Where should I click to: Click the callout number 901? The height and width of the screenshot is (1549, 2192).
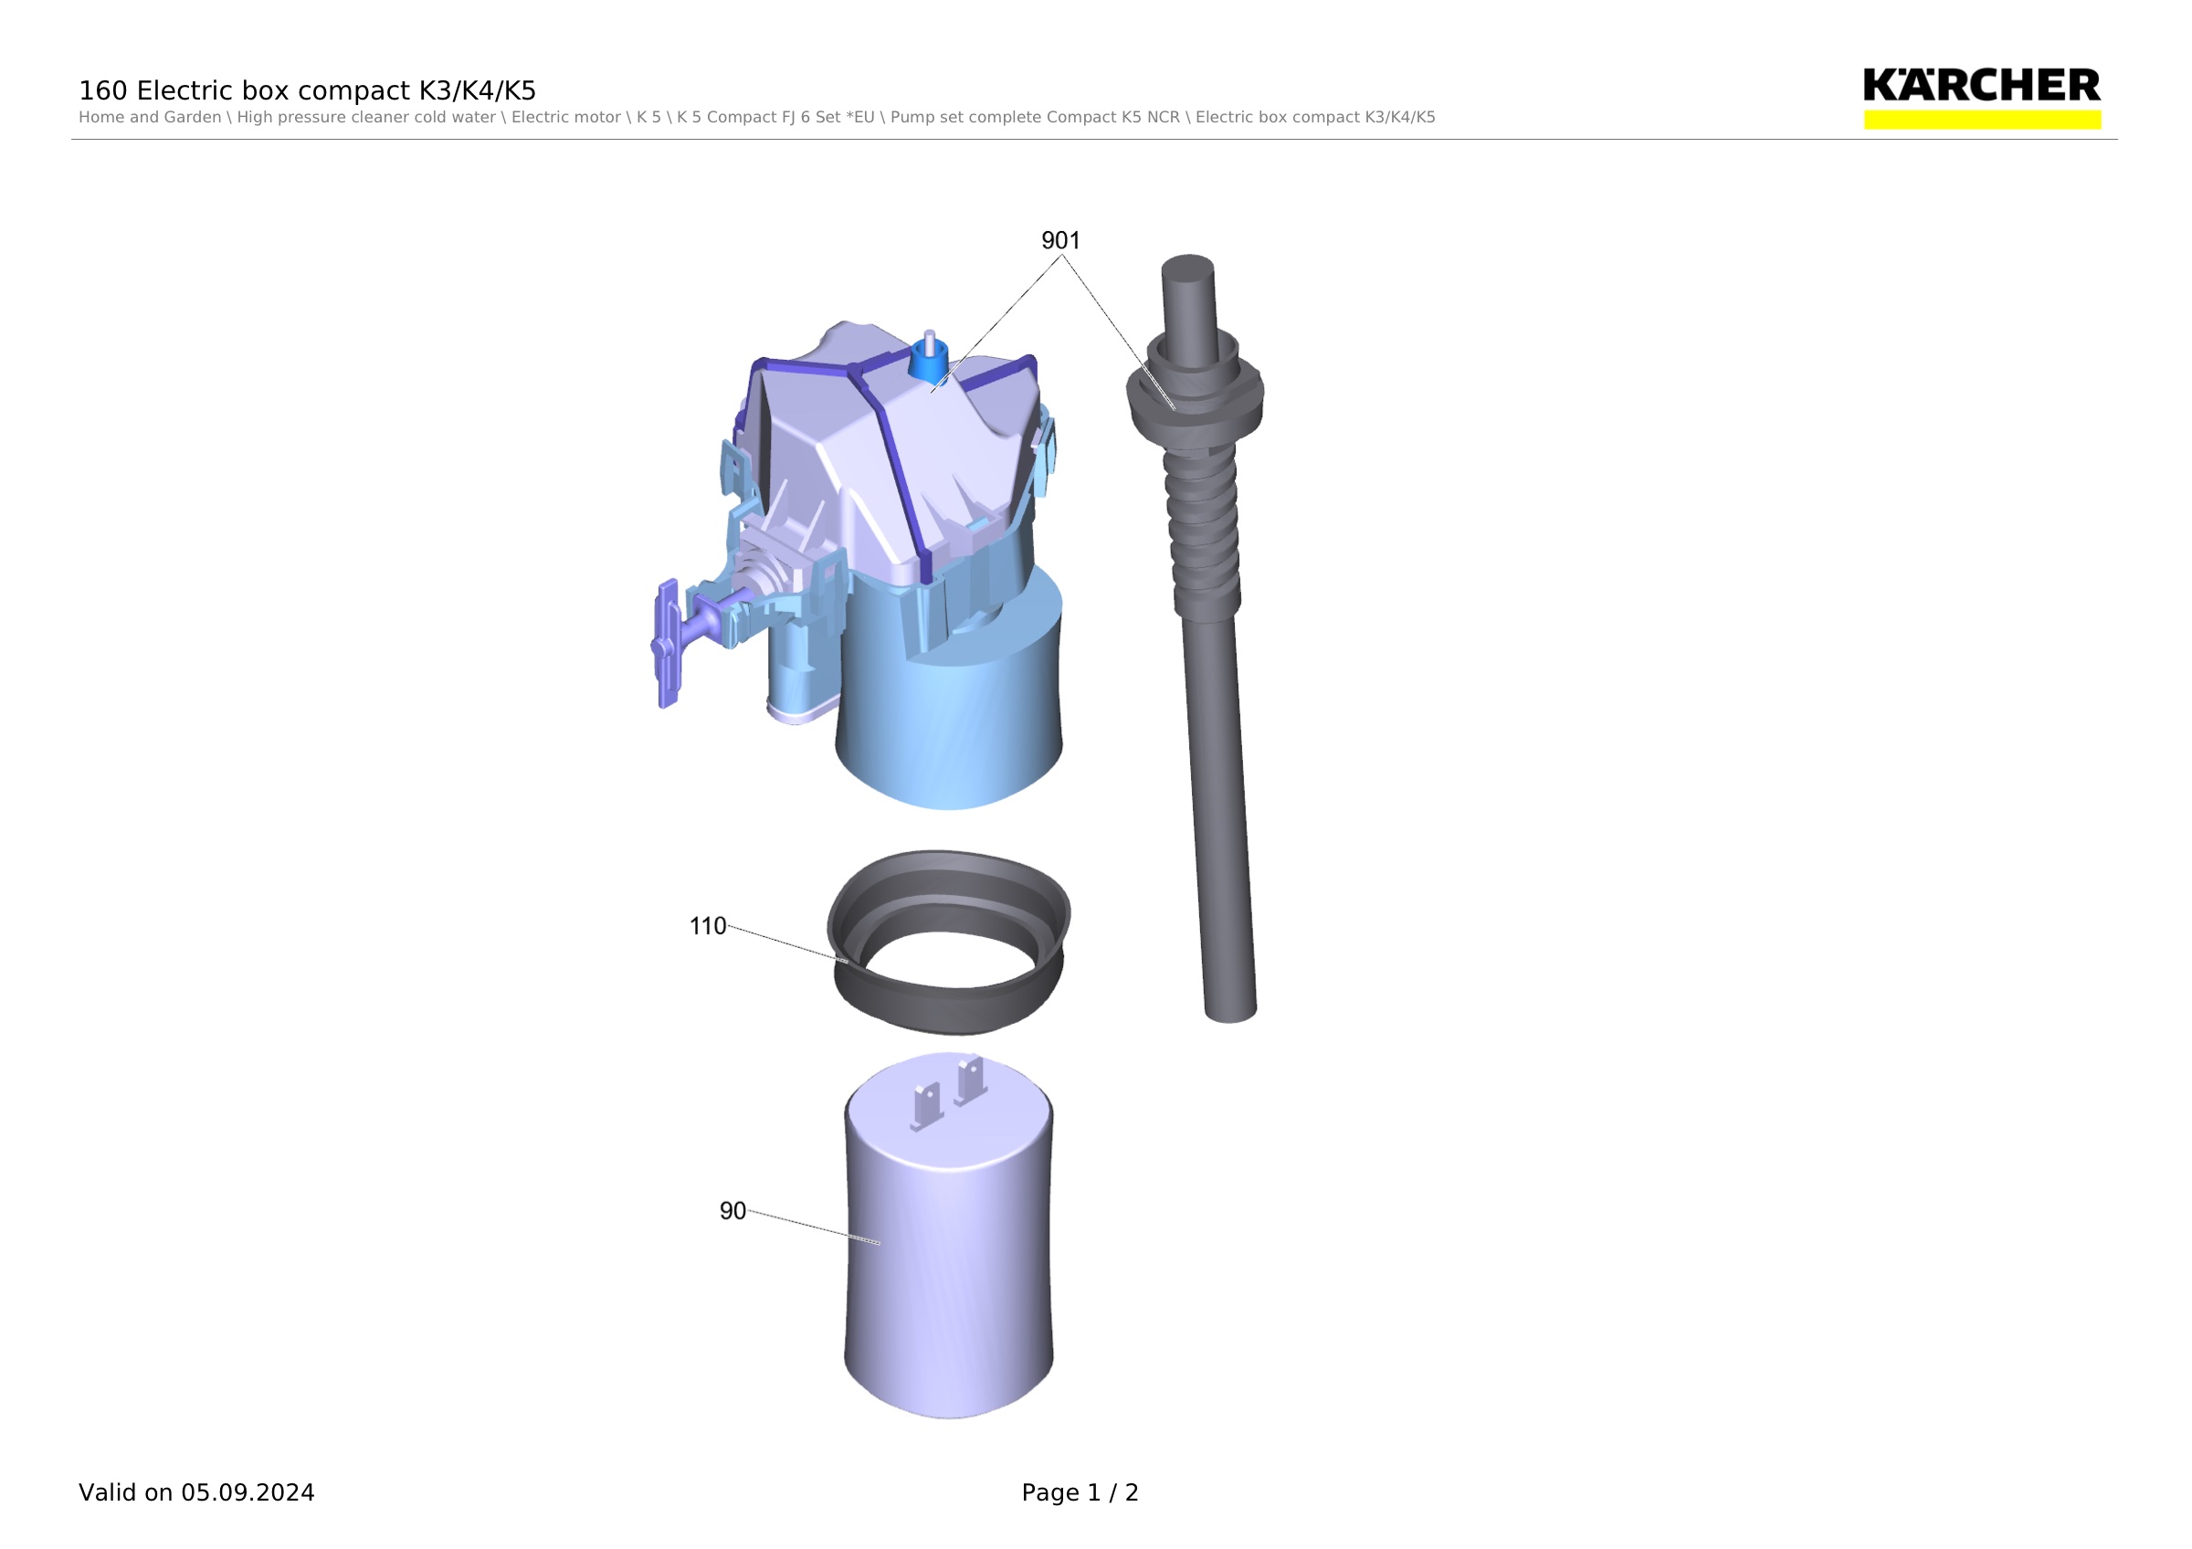tap(1059, 240)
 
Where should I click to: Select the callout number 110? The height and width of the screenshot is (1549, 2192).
tap(708, 927)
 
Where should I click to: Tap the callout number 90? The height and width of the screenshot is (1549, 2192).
tap(732, 1211)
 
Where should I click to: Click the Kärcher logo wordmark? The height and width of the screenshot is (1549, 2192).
tap(1981, 85)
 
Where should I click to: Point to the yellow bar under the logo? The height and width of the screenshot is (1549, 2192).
tap(1982, 120)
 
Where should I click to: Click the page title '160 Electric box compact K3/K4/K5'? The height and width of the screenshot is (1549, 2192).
tap(308, 90)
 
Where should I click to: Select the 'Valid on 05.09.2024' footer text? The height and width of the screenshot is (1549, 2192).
tap(196, 1492)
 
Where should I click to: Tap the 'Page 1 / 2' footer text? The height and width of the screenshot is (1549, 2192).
tap(1080, 1492)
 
